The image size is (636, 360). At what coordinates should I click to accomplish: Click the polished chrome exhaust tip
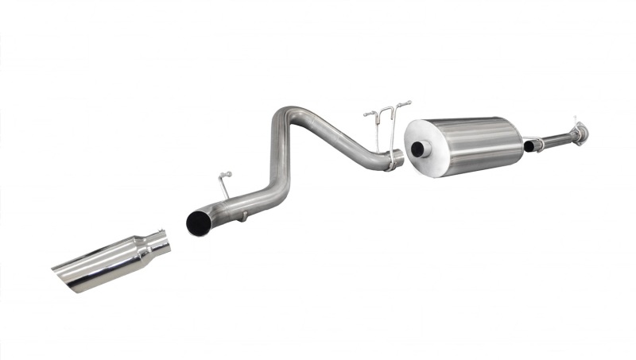[x=111, y=262]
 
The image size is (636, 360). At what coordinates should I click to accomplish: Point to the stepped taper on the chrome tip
[x=143, y=250]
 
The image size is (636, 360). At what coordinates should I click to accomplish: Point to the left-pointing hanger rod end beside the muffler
[x=367, y=114]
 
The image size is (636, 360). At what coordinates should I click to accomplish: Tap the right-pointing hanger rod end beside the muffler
[x=407, y=103]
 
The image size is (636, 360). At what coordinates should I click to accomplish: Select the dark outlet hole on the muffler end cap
[x=417, y=149]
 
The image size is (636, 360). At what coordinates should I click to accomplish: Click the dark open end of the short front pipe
[x=529, y=146]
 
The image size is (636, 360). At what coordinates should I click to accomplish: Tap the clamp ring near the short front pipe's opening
[x=539, y=144]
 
